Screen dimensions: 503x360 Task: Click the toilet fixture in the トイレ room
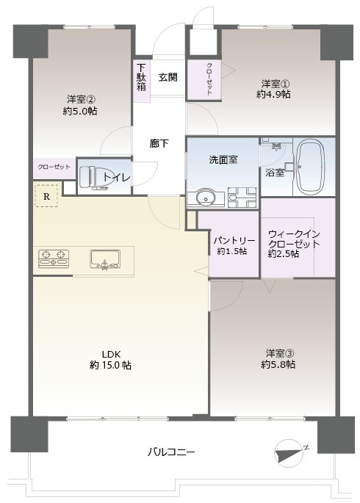point(88,176)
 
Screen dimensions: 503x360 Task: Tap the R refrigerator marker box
point(47,196)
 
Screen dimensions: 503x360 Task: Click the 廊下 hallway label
point(159,143)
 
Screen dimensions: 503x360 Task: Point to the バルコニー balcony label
point(170,452)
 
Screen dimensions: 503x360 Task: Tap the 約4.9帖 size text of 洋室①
point(273,94)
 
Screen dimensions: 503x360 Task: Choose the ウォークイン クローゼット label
point(289,239)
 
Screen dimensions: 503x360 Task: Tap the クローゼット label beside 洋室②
point(54,167)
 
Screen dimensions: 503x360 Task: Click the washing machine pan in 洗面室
point(242,198)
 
